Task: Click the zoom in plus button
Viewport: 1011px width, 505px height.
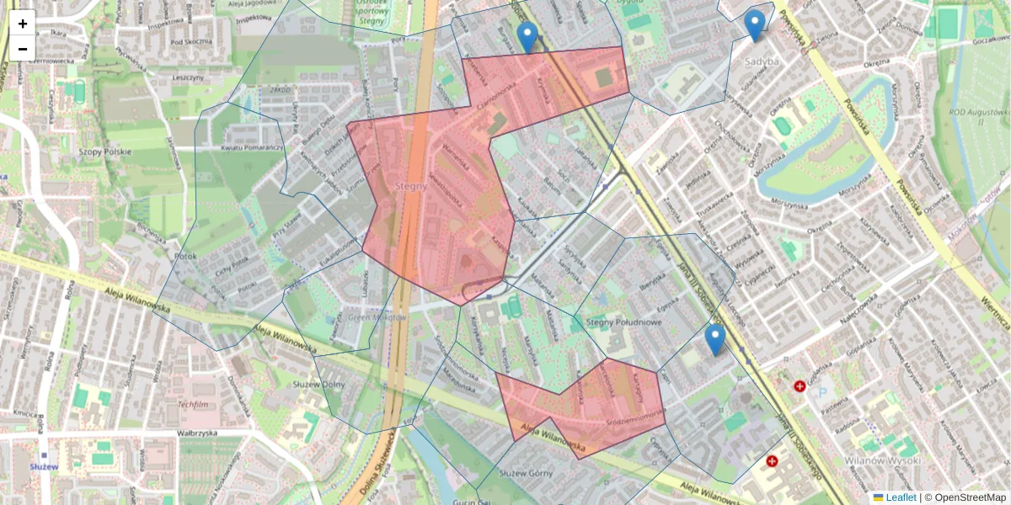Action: pyautogui.click(x=23, y=24)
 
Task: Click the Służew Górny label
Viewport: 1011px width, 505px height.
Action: pyautogui.click(x=525, y=473)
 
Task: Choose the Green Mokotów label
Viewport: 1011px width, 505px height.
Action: pyautogui.click(x=377, y=317)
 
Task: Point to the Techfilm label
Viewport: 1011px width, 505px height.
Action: pyautogui.click(x=193, y=404)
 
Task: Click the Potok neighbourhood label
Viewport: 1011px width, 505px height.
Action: pyautogui.click(x=185, y=255)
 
